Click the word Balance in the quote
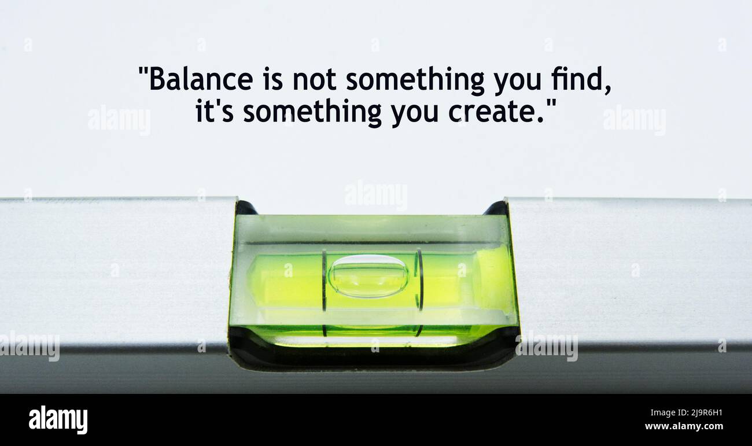pyautogui.click(x=201, y=79)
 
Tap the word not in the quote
pyautogui.click(x=314, y=79)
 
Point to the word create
pyautogui.click(x=491, y=111)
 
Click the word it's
pyautogui.click(x=214, y=111)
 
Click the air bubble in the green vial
pyautogui.click(x=368, y=276)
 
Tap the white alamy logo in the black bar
pyautogui.click(x=58, y=419)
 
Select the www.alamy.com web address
pyautogui.click(x=684, y=426)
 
